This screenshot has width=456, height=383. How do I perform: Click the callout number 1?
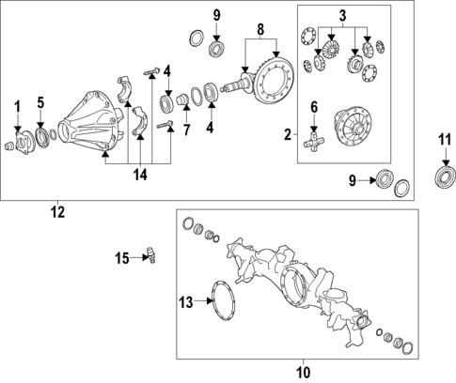pos(16,103)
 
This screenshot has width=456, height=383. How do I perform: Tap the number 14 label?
pos(139,175)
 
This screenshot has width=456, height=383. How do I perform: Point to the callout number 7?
pos(186,129)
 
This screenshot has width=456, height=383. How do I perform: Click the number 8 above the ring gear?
pos(259,29)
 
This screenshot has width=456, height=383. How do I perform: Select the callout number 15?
pos(122,257)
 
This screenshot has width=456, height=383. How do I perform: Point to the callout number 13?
pos(186,301)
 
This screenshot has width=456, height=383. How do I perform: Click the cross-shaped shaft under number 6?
pos(316,143)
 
